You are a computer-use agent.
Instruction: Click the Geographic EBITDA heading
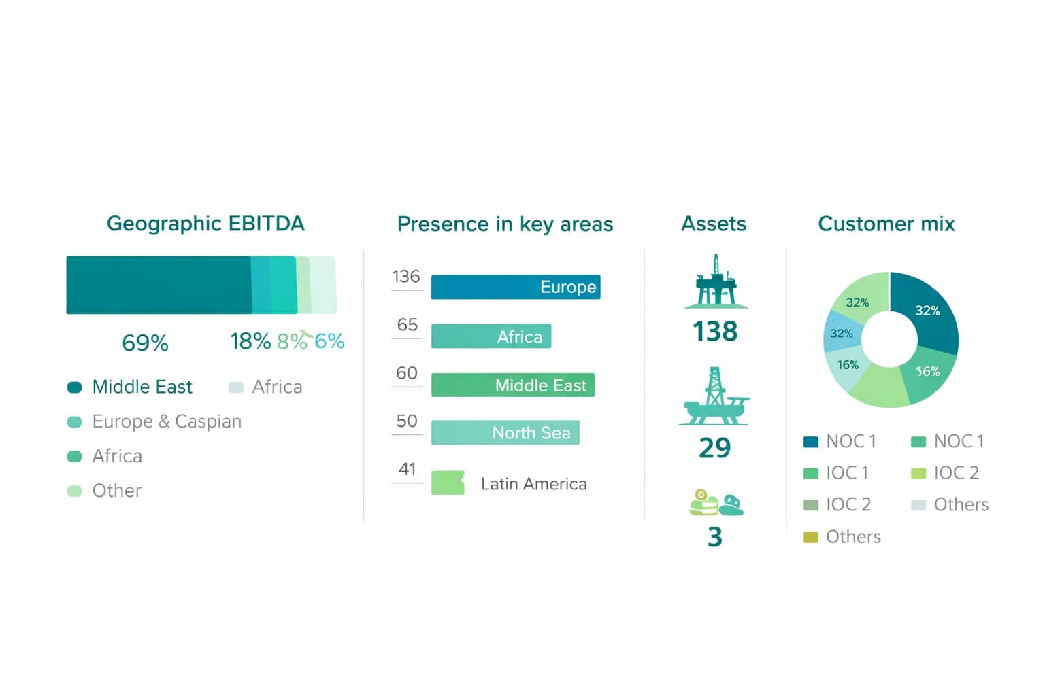(205, 224)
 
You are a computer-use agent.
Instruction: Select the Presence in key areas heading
(505, 224)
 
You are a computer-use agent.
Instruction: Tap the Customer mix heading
(886, 224)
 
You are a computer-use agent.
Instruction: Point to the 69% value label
(145, 343)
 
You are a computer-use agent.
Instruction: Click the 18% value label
(250, 341)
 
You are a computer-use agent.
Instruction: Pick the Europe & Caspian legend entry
(167, 421)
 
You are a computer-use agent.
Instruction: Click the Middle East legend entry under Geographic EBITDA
(142, 387)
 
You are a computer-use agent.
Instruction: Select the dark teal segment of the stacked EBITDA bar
(158, 285)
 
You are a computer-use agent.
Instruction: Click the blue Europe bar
(515, 287)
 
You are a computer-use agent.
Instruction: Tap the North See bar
(505, 433)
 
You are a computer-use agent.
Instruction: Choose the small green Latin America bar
(448, 483)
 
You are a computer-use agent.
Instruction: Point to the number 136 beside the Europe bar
(406, 277)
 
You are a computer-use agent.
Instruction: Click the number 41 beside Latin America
(407, 469)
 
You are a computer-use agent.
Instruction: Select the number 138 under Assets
(714, 332)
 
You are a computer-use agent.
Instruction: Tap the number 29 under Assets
(714, 448)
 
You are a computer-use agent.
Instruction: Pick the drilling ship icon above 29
(714, 397)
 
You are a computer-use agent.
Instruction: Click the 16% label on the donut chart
(848, 365)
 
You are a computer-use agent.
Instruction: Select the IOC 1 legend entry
(846, 473)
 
